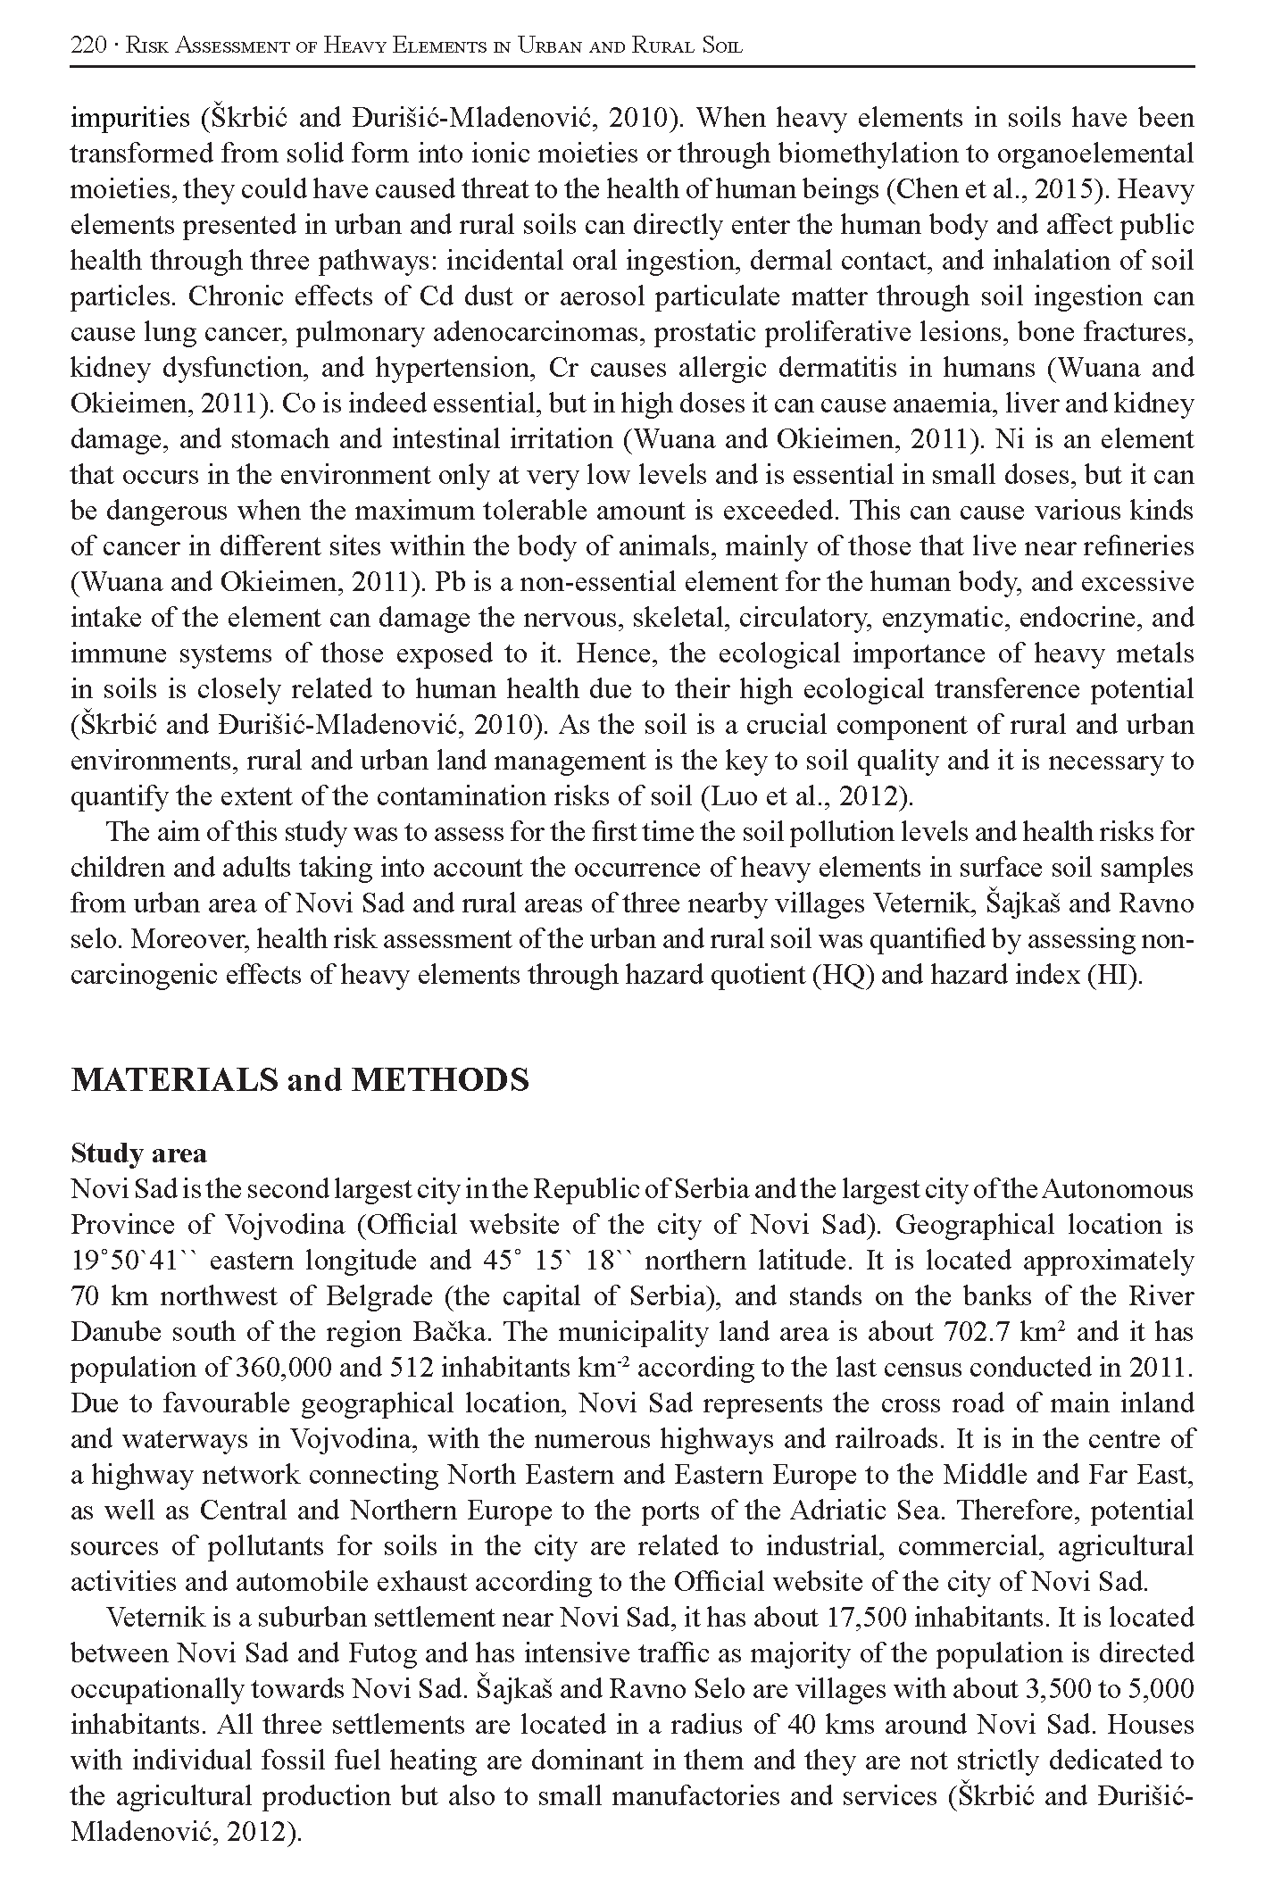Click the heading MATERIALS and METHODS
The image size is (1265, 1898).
click(299, 1080)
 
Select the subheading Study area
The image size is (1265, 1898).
click(138, 1153)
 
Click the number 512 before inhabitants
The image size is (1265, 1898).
click(411, 1368)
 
